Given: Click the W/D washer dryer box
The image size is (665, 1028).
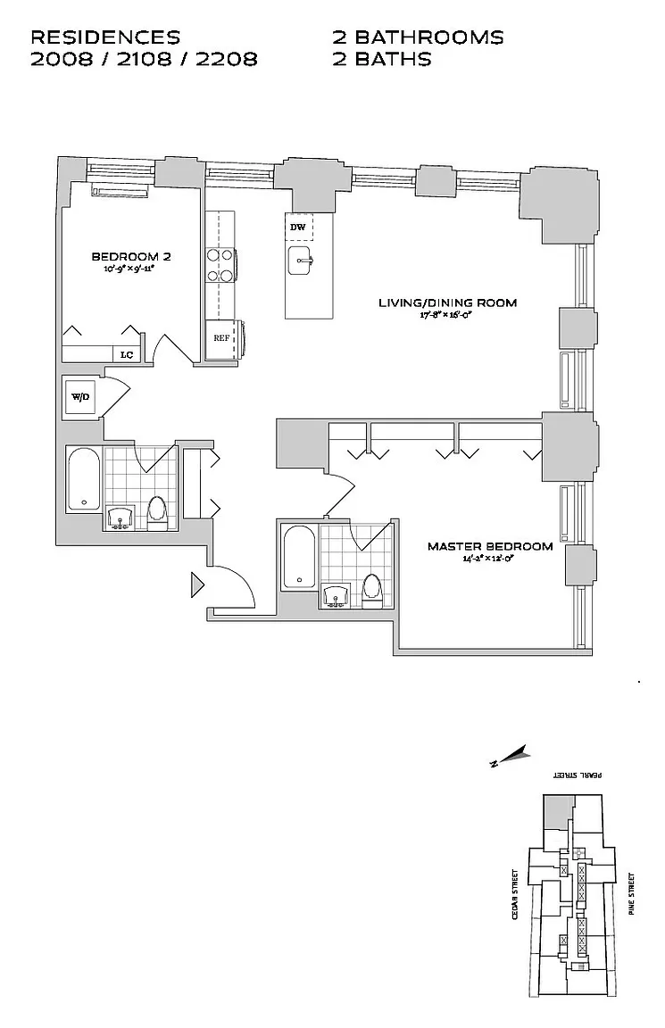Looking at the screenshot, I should click(x=80, y=396).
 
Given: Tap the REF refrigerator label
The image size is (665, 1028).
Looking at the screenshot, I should click(x=220, y=338).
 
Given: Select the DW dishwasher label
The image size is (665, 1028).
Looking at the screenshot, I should click(x=298, y=227).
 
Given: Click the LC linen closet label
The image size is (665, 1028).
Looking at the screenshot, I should click(x=127, y=354).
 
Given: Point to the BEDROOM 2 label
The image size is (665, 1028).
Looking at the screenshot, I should click(x=131, y=256).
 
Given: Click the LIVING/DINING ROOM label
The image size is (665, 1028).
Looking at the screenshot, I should click(x=447, y=303).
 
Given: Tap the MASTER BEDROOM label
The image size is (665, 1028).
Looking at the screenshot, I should click(x=489, y=546).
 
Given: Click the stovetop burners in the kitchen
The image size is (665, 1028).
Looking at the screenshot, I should click(x=220, y=264).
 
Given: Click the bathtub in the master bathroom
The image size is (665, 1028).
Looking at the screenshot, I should click(x=298, y=558).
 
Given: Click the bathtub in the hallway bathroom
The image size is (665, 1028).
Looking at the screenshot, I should click(x=83, y=479).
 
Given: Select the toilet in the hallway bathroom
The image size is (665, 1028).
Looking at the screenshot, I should click(x=157, y=511).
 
